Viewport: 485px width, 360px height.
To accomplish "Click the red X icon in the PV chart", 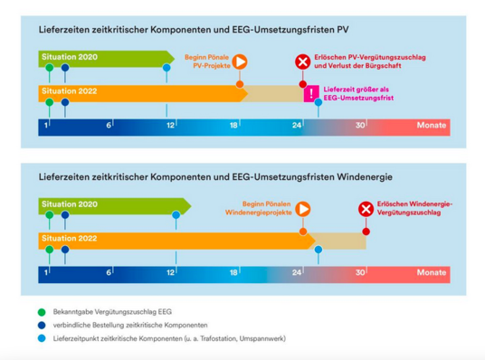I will click(302, 62).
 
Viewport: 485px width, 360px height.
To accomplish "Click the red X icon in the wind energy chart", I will click(366, 209).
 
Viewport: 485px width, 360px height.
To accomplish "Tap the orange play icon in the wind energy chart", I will click(303, 209).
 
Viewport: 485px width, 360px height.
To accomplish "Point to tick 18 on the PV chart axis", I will click(233, 125).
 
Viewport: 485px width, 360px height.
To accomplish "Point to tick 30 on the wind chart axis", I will click(359, 272).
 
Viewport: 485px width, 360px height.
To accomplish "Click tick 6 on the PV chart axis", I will click(109, 125).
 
